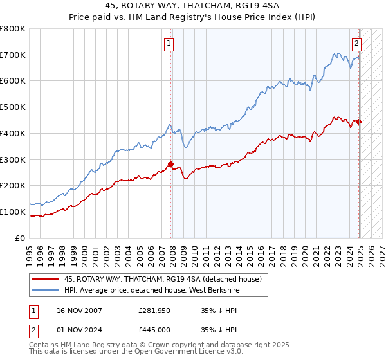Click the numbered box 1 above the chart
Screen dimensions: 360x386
pos(169,44)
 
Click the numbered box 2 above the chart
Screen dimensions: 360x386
pos(356,44)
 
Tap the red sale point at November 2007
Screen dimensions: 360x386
pos(171,164)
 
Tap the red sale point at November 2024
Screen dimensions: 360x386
pos(359,122)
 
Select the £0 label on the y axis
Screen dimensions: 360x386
pos(21,238)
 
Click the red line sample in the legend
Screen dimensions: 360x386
pos(44,279)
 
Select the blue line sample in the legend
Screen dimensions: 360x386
pos(44,290)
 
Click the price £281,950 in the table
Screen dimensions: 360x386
pos(154,310)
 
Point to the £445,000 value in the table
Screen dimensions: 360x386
pos(154,330)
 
